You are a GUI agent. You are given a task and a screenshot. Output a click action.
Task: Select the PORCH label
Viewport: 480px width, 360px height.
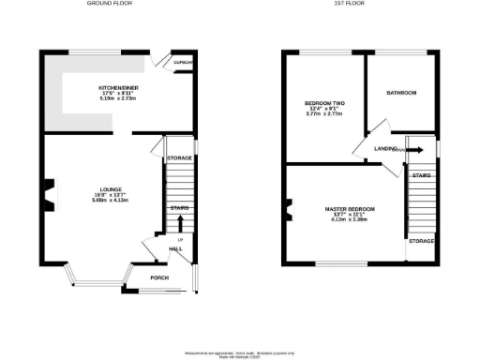pyautogui.click(x=145, y=278)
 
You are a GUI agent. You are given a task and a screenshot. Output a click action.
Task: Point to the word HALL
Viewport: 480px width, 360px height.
pyautogui.click(x=175, y=248)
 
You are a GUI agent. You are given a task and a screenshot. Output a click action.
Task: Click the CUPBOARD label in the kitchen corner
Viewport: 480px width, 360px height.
pyautogui.click(x=183, y=62)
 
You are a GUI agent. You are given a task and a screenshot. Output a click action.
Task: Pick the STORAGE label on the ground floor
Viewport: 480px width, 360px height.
pyautogui.click(x=179, y=157)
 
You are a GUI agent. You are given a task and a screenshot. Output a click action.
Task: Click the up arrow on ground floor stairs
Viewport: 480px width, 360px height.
pyautogui.click(x=179, y=224)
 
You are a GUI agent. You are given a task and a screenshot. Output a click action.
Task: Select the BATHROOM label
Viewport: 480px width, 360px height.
pyautogui.click(x=402, y=93)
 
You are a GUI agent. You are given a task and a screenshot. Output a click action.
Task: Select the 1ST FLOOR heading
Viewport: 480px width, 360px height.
pyautogui.click(x=350, y=5)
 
